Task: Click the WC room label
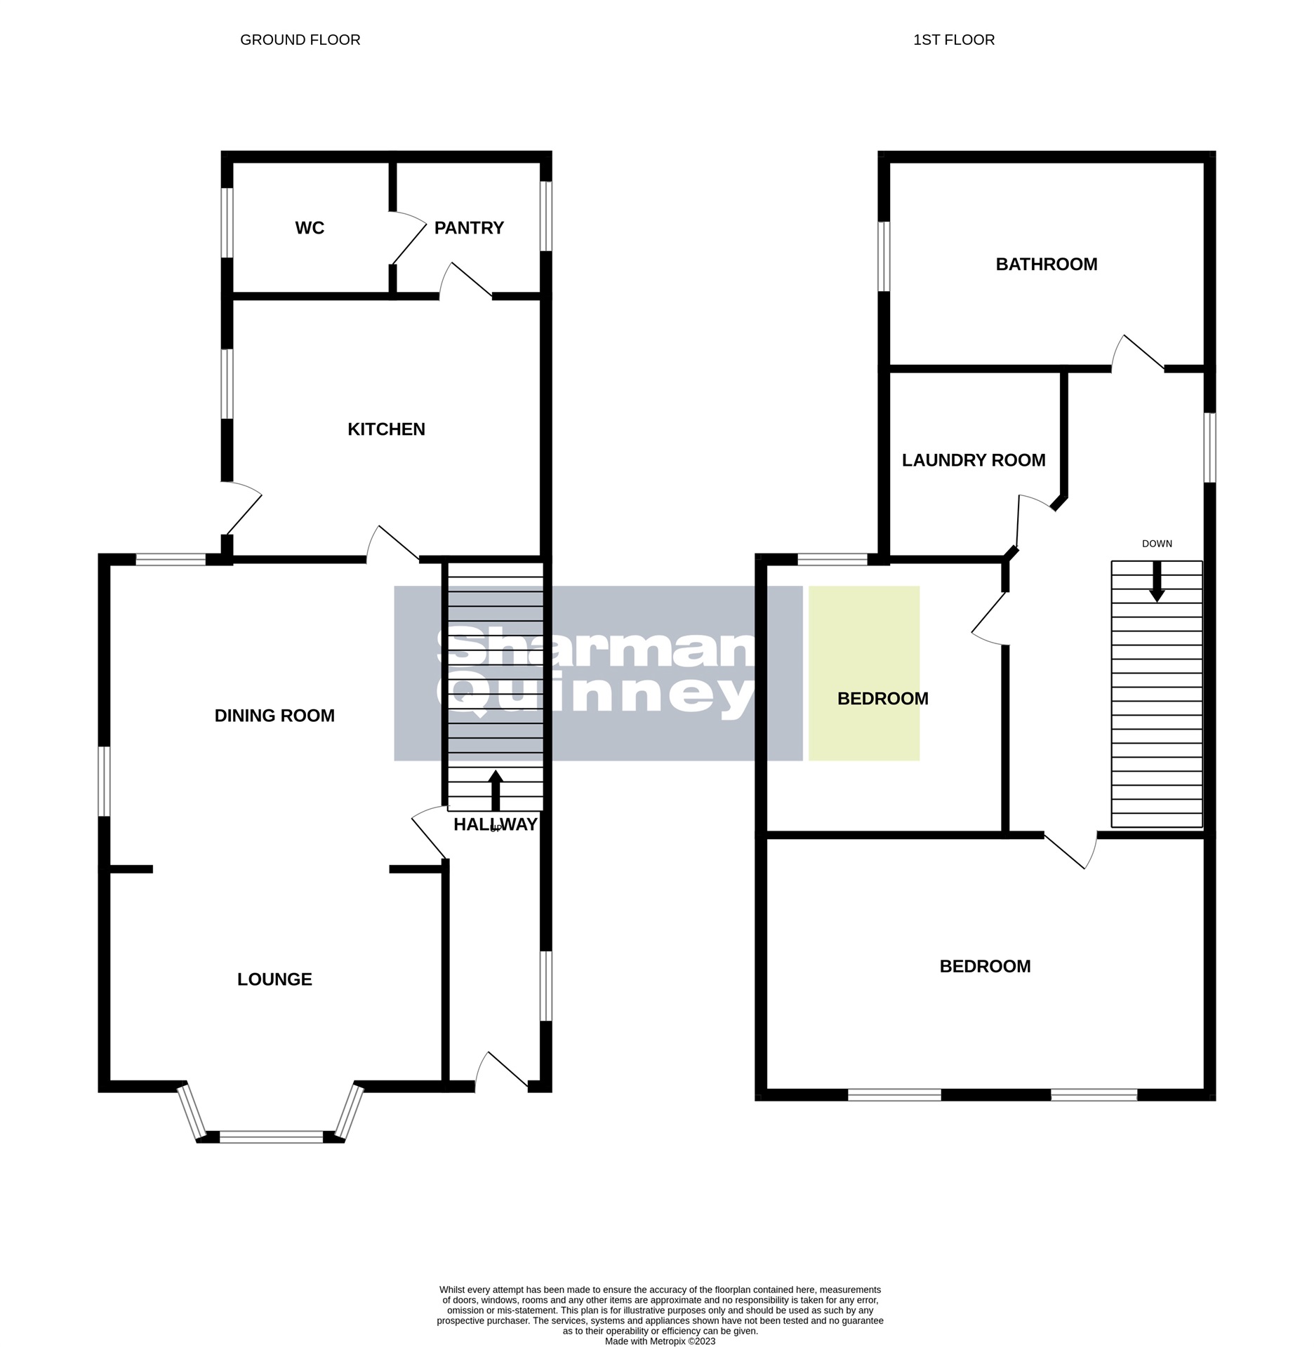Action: click(310, 228)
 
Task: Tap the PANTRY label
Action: click(469, 228)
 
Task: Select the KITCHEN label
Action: click(386, 429)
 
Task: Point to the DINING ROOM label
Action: click(274, 716)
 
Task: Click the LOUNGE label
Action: click(274, 979)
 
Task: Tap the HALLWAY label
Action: click(496, 825)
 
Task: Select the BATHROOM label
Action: click(1046, 264)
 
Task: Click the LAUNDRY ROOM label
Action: click(973, 460)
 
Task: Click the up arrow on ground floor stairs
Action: click(496, 789)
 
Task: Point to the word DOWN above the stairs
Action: click(1157, 544)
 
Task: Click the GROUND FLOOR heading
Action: click(300, 40)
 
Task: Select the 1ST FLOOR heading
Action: click(953, 40)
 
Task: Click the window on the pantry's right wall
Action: click(545, 216)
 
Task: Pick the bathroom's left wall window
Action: click(884, 256)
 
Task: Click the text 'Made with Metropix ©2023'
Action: click(660, 1341)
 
